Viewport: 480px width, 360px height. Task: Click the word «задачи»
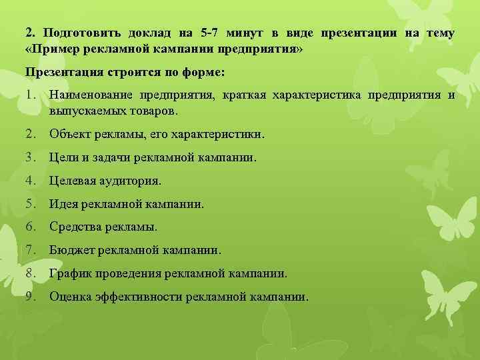[113, 157]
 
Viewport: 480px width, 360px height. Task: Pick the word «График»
[69, 273]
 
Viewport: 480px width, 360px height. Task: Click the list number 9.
[30, 296]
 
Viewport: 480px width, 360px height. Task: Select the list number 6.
[30, 227]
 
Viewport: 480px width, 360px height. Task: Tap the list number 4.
[30, 181]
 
